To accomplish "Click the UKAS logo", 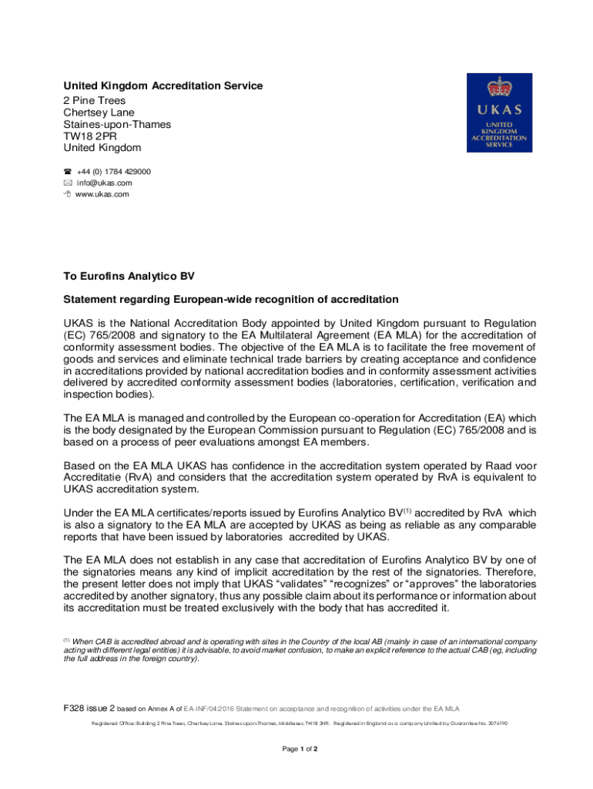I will point(498,112).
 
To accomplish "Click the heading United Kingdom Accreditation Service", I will point(162,86).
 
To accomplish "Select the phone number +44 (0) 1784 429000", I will point(113,172).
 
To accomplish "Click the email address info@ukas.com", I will point(104,183).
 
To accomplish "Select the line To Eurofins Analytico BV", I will point(129,275).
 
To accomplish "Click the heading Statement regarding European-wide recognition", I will point(231,299).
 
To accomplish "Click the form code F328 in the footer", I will point(76,707).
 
